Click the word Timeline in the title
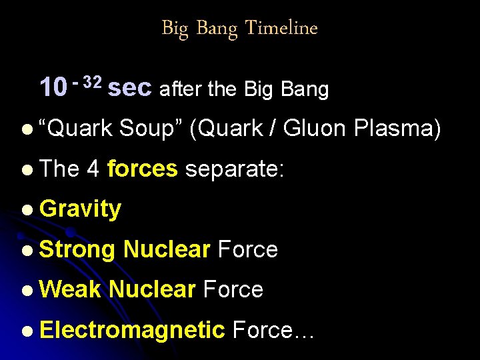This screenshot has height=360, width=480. pyautogui.click(x=281, y=28)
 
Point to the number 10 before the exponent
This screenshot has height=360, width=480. pyautogui.click(x=53, y=88)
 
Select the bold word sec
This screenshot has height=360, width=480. pyautogui.click(x=130, y=88)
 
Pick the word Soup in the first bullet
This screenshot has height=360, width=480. pyautogui.click(x=151, y=128)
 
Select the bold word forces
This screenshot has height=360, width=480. pyautogui.click(x=142, y=169)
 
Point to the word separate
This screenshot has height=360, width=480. pyautogui.click(x=235, y=169)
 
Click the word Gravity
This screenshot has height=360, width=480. pyautogui.click(x=81, y=209)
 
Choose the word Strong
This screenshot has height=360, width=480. pyautogui.click(x=78, y=249)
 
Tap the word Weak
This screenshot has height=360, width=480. pyautogui.click(x=70, y=289)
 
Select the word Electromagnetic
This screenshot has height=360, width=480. pyautogui.click(x=133, y=329)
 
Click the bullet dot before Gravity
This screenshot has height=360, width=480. pyautogui.click(x=26, y=210)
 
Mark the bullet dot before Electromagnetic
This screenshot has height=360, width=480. pyautogui.click(x=26, y=330)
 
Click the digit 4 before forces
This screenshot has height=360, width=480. pyautogui.click(x=93, y=169)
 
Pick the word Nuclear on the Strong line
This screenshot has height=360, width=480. pyautogui.click(x=167, y=249)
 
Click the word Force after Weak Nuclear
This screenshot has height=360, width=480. pyautogui.click(x=233, y=289)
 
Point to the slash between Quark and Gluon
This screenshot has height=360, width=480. pyautogui.click(x=273, y=128)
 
